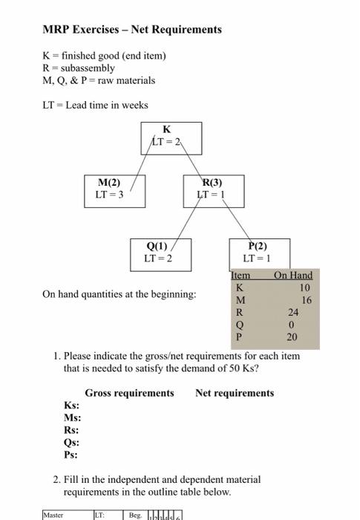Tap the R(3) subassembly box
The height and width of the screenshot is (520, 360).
point(212,189)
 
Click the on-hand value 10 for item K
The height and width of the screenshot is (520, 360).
point(305,287)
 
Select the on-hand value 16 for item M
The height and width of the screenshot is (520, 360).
point(307,300)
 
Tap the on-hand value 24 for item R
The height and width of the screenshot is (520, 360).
point(293,313)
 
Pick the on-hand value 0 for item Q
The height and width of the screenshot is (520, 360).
point(293,325)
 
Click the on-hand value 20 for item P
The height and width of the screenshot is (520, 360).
point(292,337)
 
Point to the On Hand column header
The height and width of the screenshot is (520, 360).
point(292,276)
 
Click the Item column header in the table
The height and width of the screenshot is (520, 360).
point(240,276)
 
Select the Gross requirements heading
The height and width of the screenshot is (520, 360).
point(129,393)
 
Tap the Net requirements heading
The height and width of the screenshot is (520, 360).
point(235,393)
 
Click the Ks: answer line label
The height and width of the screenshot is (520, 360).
point(72,406)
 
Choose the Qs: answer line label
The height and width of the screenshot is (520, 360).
point(72,443)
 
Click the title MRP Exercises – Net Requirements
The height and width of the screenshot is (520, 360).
point(132,30)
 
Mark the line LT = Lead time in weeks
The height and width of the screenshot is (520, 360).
point(95,105)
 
